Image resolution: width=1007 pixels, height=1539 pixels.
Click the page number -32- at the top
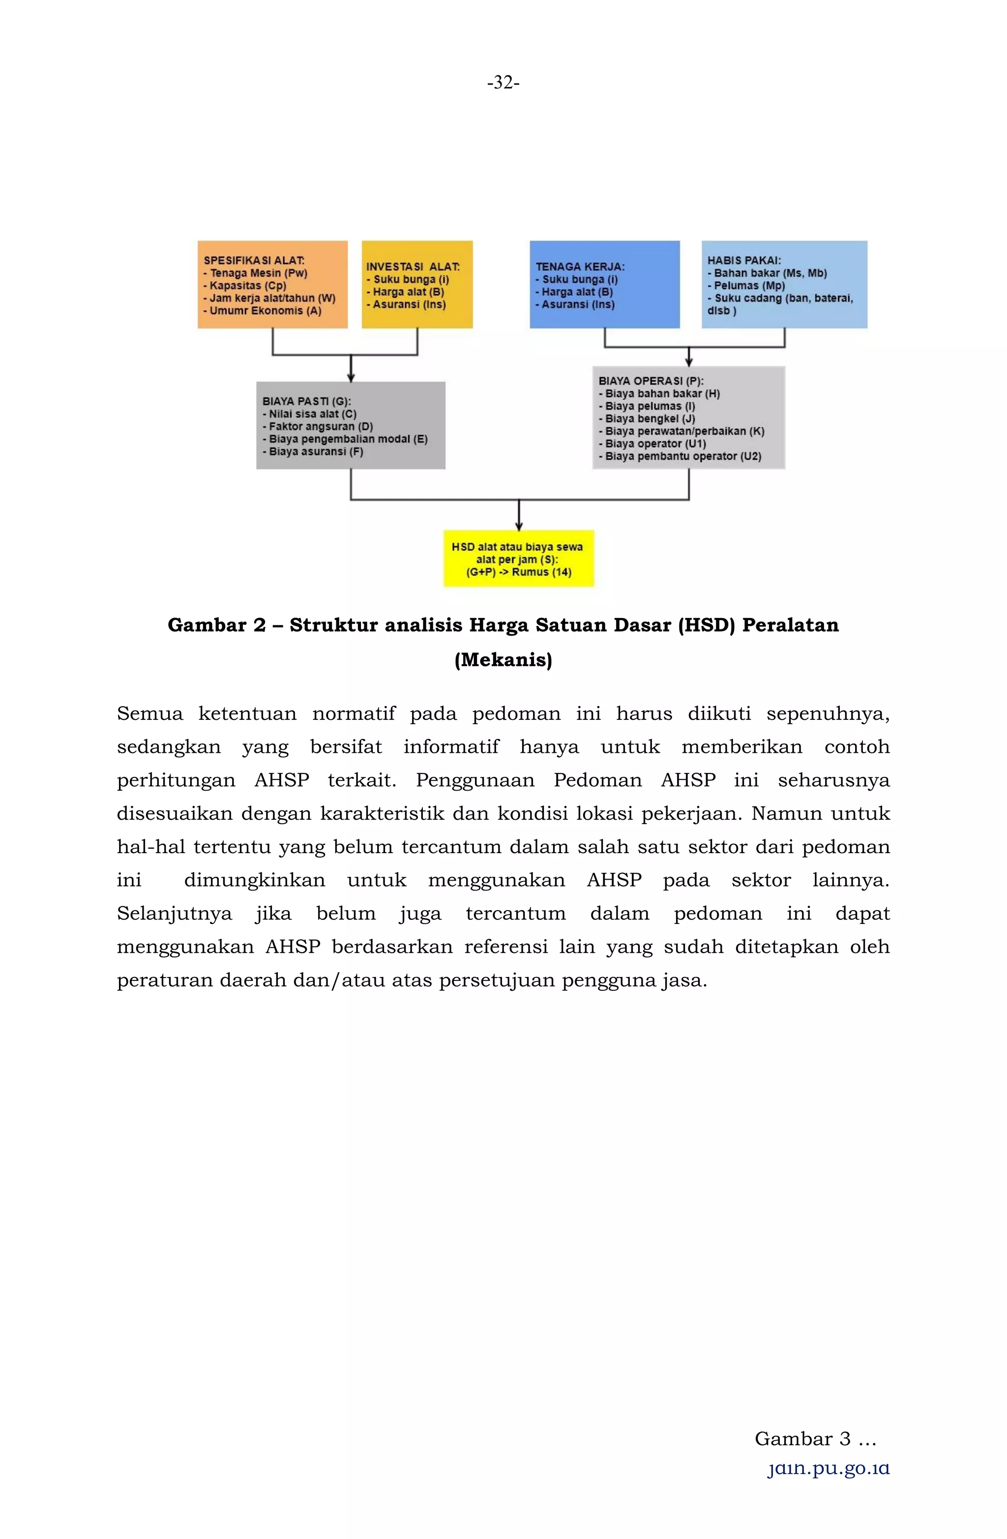[503, 83]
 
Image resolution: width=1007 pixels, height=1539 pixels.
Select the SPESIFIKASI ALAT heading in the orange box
[254, 261]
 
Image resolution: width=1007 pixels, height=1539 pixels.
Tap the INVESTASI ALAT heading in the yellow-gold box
[413, 266]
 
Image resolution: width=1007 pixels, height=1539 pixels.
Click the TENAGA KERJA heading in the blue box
[580, 266]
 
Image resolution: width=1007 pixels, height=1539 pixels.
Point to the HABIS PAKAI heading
[744, 261]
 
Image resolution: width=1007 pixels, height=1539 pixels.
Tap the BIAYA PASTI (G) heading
[306, 401]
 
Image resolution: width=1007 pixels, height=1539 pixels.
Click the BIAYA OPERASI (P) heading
[651, 381]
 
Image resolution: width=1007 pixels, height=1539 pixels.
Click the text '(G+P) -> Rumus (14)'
[519, 572]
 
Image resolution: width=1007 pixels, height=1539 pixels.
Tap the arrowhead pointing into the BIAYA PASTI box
[351, 378]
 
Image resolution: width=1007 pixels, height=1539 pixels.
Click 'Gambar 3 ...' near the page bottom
[815, 1439]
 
